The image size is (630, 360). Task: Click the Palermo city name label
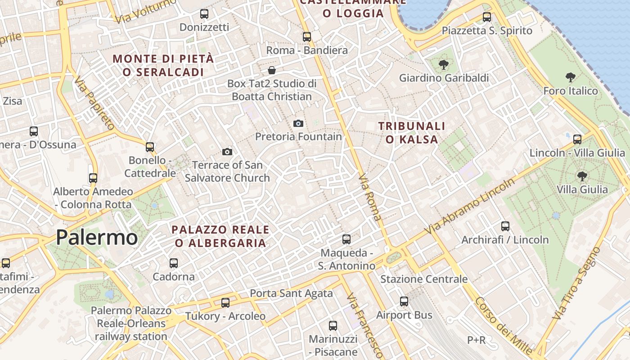97,238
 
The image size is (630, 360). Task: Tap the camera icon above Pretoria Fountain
298,123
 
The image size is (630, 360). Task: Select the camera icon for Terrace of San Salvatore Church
227,152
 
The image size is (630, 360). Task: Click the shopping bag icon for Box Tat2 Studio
272,70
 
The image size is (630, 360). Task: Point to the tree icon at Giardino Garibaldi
444,65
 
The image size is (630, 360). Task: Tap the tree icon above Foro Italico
571,77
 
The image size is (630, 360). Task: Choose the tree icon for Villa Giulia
582,176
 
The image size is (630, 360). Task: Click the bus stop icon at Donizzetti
204,14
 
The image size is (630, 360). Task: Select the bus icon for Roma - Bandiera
307,37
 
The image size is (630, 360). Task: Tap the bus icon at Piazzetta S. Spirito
487,17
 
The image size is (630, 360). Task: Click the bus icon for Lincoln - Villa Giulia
577,139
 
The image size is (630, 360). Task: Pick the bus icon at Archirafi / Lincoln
505,226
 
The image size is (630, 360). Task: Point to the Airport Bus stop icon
404,301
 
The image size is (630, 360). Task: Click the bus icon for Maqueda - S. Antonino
346,239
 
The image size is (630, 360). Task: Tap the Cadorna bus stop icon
174,263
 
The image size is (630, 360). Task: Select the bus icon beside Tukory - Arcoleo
225,303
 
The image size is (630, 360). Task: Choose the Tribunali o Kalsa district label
412,133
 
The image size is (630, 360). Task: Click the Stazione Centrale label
424,279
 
